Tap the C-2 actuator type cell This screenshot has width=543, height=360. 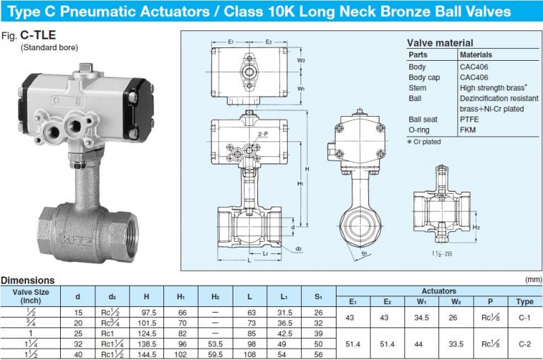[x=524, y=343]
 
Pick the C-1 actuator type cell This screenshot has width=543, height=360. [x=524, y=317]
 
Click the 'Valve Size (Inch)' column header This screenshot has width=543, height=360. [x=32, y=296]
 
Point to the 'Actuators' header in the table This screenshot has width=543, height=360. [x=438, y=291]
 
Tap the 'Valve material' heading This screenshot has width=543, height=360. [x=440, y=42]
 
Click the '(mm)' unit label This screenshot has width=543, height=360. [x=532, y=281]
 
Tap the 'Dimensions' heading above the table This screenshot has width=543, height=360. [x=28, y=281]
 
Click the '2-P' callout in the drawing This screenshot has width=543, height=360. [x=262, y=133]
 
